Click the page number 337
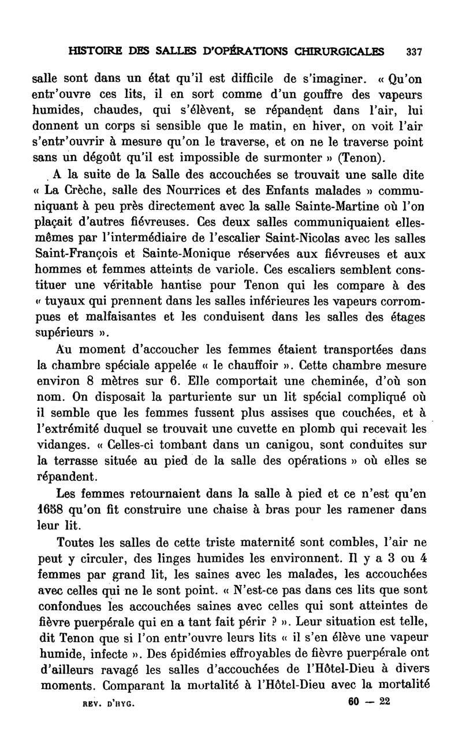point(414,51)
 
